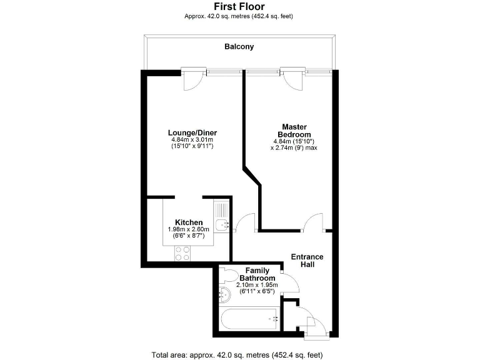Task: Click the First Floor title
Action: coord(239,7)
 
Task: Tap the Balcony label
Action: coord(239,47)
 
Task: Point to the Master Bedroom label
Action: coord(294,131)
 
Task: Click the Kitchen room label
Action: coord(188,222)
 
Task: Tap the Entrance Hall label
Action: coord(307,261)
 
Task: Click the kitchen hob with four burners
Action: coord(182,253)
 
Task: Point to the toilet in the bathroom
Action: coord(229,275)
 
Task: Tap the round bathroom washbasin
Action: coord(224,293)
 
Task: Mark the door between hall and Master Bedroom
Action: coord(312,222)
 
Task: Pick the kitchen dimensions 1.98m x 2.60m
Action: coord(188,229)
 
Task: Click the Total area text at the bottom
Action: coord(239,354)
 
